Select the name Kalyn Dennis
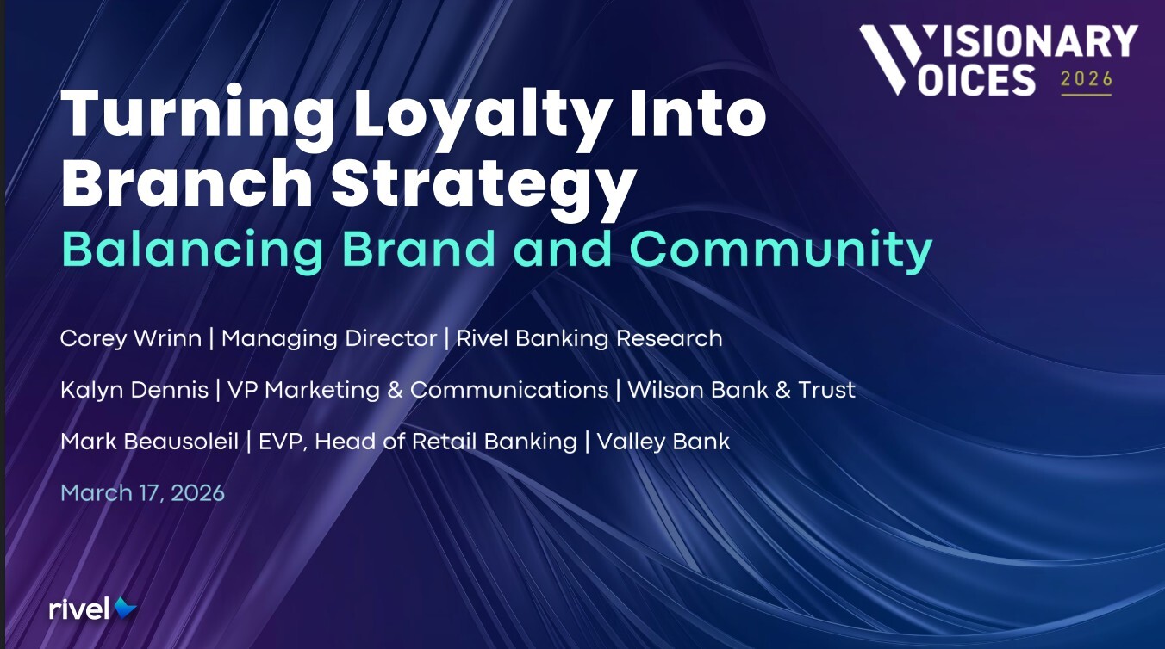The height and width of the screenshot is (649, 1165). tap(134, 390)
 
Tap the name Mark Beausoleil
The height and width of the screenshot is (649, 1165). tap(152, 442)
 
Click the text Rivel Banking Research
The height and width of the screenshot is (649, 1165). tap(589, 338)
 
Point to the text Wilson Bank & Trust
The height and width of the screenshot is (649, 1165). tap(741, 390)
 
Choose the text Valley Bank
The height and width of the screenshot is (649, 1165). tap(663, 442)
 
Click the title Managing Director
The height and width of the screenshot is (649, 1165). tap(329, 338)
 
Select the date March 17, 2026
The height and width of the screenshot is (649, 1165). tap(142, 493)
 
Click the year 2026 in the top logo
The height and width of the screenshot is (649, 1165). tap(1086, 79)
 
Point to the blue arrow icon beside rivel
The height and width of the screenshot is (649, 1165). tap(126, 608)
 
